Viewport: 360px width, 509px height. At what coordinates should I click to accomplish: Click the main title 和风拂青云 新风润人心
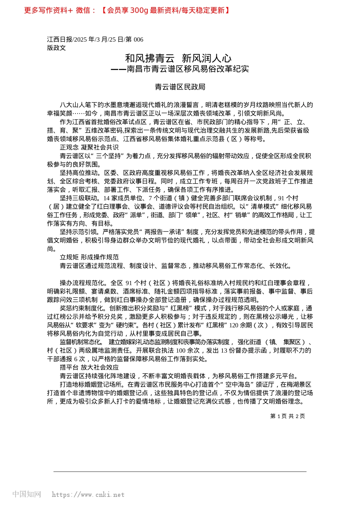click(178, 58)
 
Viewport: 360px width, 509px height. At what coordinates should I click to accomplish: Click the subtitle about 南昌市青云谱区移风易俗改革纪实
click(180, 69)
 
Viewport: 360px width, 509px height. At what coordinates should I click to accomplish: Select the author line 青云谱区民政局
click(180, 87)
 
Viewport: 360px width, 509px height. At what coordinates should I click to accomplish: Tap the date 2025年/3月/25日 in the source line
click(99, 39)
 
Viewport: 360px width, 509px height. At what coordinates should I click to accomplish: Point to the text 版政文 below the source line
click(56, 48)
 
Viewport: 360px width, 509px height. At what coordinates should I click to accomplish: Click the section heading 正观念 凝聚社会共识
click(89, 147)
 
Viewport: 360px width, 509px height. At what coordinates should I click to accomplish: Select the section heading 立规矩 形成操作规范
click(89, 257)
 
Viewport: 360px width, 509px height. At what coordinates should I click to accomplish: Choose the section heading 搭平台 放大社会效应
click(89, 367)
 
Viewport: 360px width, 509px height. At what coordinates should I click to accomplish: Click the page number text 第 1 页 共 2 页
click(287, 416)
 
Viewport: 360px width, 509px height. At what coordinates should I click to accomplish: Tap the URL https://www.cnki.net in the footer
click(88, 495)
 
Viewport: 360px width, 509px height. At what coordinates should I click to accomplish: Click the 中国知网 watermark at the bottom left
click(27, 494)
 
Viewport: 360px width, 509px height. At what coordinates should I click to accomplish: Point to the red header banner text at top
click(127, 10)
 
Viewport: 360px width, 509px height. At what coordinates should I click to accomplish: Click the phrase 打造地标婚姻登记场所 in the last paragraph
click(91, 384)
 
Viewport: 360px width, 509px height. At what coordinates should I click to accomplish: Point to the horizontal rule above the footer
click(180, 472)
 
